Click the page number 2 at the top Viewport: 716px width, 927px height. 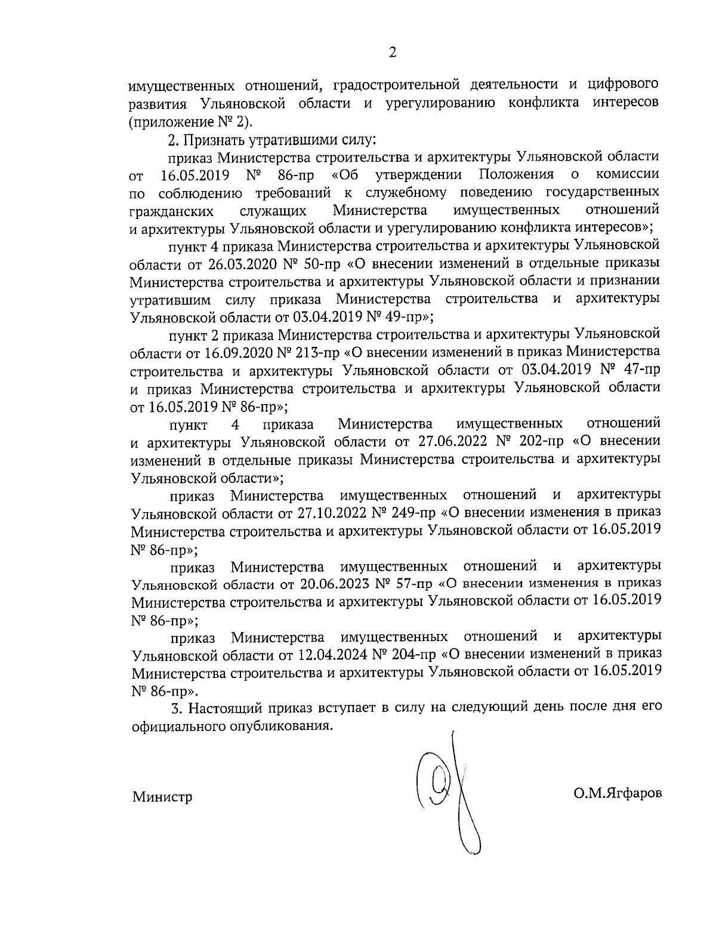click(x=392, y=53)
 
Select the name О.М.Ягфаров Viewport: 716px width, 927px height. click(x=617, y=794)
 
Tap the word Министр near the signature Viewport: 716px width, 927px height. click(x=162, y=797)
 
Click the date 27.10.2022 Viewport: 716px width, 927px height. click(x=326, y=513)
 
